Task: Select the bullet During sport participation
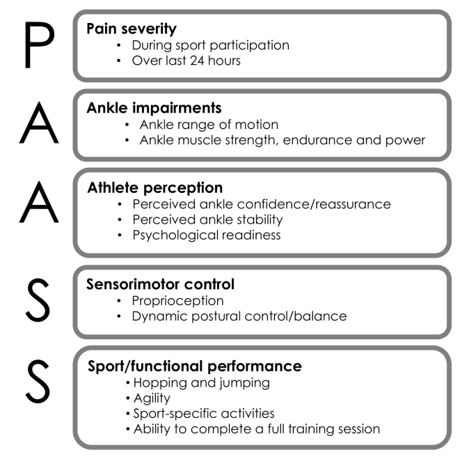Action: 210,45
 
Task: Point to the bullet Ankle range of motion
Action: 208,125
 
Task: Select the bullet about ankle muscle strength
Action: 282,140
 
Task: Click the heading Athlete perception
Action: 154,188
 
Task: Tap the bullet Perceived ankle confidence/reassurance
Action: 261,204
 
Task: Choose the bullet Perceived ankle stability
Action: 207,219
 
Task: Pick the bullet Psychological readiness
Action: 206,235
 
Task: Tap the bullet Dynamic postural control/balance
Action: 238,316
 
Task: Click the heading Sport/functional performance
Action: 194,366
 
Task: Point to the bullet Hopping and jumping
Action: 200,382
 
